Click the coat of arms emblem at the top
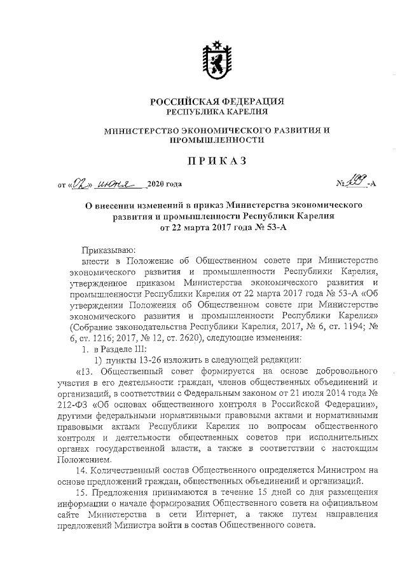pos(214,60)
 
